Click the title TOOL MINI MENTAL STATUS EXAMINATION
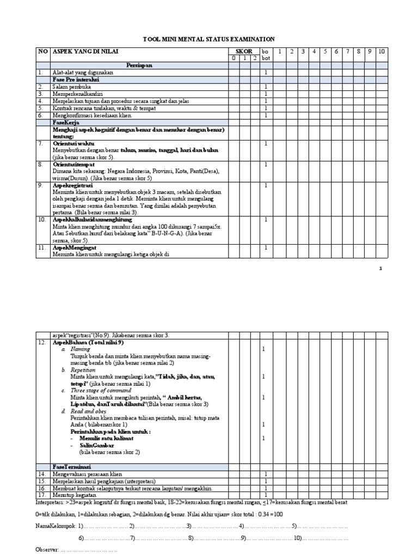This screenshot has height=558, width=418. [209, 39]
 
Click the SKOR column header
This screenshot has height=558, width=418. [243, 51]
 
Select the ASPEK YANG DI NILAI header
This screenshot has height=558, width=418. [85, 51]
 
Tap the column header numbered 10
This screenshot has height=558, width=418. [382, 51]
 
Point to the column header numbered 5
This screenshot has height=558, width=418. [325, 51]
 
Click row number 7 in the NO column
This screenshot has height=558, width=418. [40, 143]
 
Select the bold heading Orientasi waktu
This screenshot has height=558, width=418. [73, 143]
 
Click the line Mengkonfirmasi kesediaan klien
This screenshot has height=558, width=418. [91, 115]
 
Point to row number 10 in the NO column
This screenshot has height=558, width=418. [41, 220]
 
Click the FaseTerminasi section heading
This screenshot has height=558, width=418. [71, 467]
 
